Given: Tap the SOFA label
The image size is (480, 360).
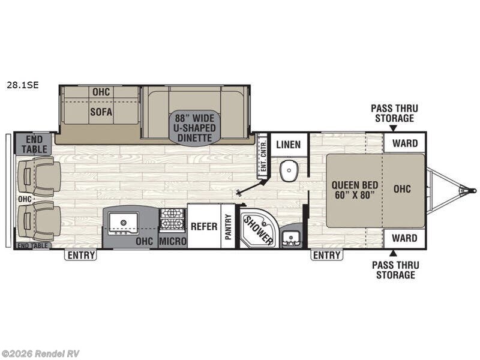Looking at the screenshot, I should click(101, 112).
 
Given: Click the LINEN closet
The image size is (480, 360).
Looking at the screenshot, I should click(289, 145).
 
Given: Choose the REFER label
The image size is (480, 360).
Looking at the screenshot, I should click(203, 227).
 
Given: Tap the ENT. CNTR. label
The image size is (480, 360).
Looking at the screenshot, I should click(262, 157).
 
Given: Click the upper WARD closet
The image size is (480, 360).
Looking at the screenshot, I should click(404, 143).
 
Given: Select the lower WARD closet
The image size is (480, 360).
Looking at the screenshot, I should click(404, 238).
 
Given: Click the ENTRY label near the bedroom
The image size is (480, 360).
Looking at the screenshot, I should click(326, 256).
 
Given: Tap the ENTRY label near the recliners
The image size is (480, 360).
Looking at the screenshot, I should click(80, 256).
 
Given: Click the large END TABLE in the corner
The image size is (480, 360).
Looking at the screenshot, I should click(32, 144).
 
